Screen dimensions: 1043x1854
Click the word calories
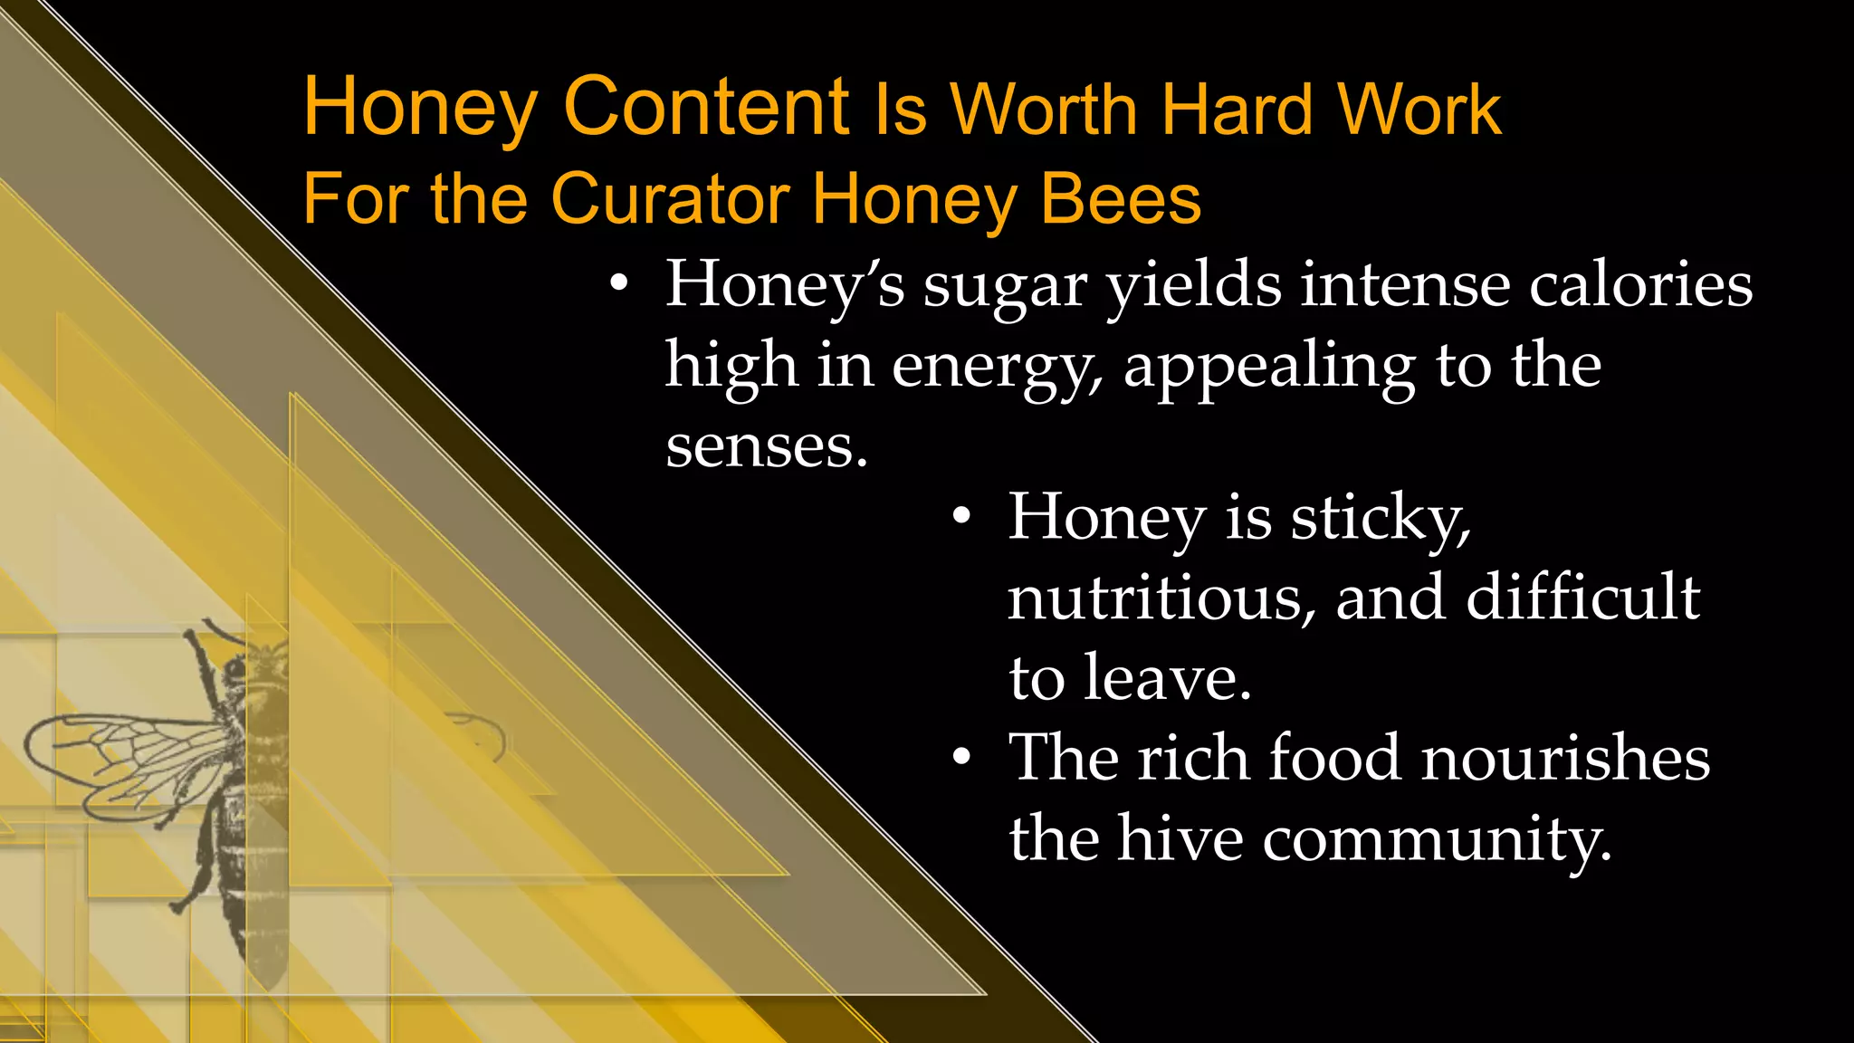point(1639,284)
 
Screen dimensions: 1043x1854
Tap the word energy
point(997,368)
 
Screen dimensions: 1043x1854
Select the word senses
point(766,446)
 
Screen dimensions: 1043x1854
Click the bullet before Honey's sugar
point(618,284)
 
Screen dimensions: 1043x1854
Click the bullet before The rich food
point(961,757)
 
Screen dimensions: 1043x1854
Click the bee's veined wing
point(118,756)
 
